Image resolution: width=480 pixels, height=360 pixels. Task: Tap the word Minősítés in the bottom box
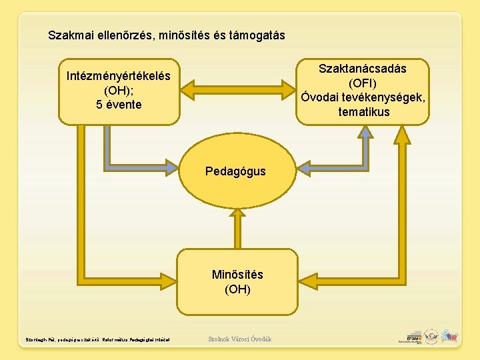(237, 275)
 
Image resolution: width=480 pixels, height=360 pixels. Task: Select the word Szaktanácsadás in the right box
(362, 69)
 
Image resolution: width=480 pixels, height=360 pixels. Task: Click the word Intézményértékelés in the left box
(119, 76)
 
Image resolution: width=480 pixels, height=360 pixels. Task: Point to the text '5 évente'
(119, 105)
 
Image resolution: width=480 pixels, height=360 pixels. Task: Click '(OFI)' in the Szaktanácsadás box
(363, 83)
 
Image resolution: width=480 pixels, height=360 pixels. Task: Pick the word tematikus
(363, 112)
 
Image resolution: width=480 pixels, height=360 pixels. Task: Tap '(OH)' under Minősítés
(237, 289)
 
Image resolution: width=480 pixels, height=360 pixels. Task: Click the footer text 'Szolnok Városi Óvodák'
(240, 339)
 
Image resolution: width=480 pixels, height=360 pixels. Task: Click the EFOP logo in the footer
(409, 338)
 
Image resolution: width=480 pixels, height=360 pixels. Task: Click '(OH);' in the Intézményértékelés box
(119, 91)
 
